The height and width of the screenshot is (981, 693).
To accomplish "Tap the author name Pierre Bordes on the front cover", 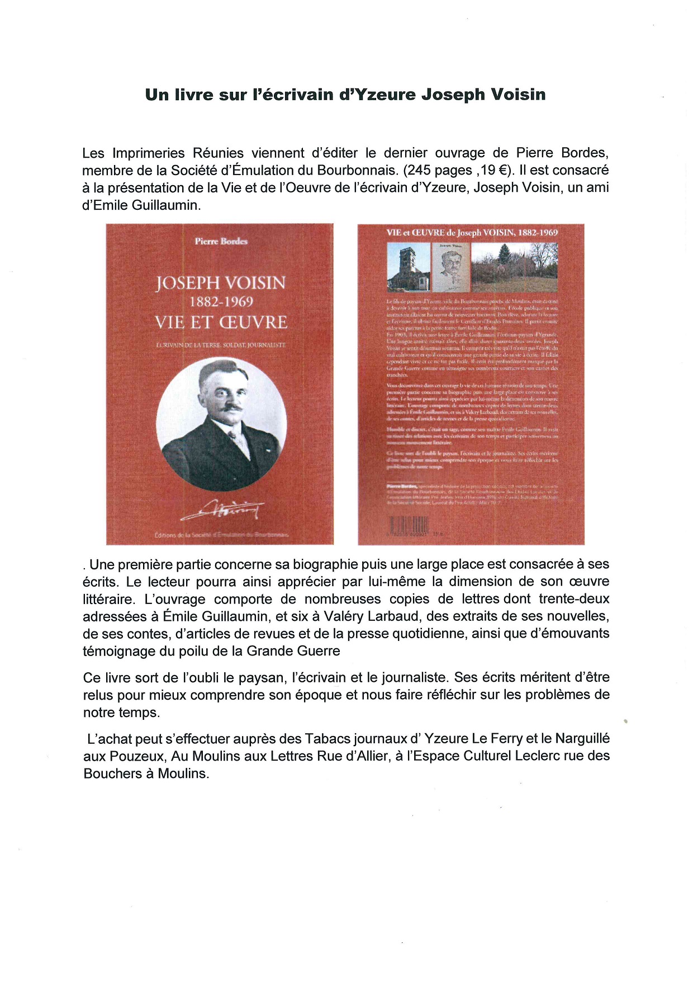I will pos(221,241).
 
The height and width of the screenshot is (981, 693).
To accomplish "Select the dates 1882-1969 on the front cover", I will pos(221,302).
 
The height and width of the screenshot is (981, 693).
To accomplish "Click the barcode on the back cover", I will pos(409,525).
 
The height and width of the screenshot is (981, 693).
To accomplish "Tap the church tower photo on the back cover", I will pos(409,267).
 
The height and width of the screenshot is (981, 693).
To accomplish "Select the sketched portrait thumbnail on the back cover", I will pos(451,267).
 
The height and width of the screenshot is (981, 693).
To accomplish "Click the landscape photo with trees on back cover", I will pos(514,267).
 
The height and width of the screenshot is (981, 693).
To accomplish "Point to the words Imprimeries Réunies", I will pos(178,153).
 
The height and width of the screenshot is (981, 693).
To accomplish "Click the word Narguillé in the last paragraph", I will pos(582,738).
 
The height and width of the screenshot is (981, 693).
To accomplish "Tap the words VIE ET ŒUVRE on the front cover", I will pos(221,323).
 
